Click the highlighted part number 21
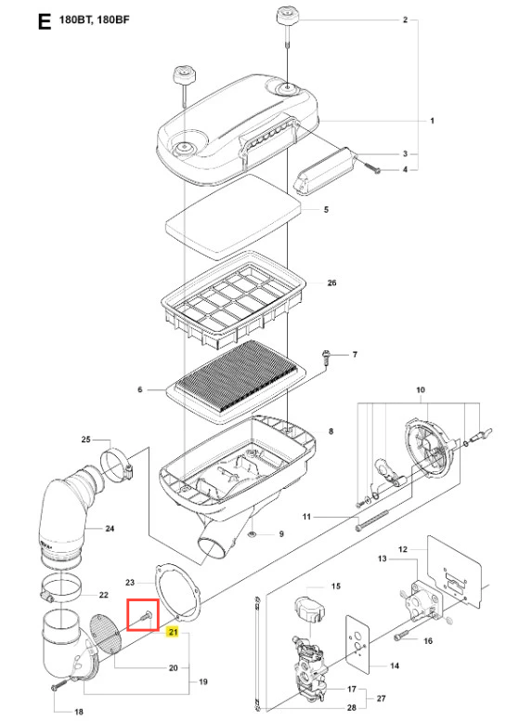(x=173, y=632)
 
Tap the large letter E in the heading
(x=45, y=21)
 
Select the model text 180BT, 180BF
(x=95, y=20)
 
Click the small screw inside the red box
(x=145, y=615)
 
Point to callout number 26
(x=331, y=283)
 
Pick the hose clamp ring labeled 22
(x=61, y=589)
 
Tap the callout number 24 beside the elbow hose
(x=110, y=529)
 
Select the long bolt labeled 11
(x=372, y=519)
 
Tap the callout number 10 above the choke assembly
(x=421, y=390)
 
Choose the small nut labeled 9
(x=253, y=534)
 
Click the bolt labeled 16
(x=402, y=635)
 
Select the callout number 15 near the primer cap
(x=336, y=586)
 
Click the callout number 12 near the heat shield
(x=403, y=549)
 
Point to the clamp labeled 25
(x=116, y=465)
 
